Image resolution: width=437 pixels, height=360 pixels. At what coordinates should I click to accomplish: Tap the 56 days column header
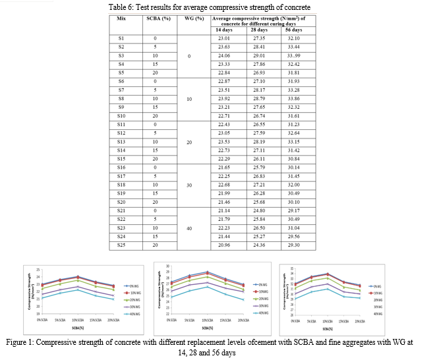[x=293, y=30]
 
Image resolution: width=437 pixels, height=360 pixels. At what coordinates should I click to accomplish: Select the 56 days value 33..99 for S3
[x=293, y=56]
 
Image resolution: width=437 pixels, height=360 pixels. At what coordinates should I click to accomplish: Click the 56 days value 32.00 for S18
[x=293, y=185]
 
